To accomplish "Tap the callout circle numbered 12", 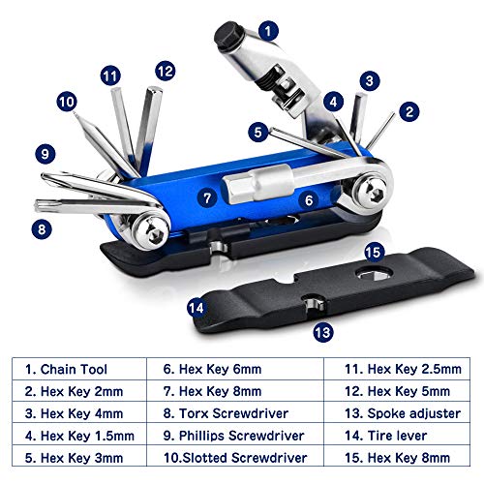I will [x=166, y=70].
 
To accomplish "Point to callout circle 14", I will [x=197, y=307].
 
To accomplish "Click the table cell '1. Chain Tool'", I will [x=80, y=368].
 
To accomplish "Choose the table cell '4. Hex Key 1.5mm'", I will [x=80, y=435].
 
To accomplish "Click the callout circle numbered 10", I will [x=67, y=101].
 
